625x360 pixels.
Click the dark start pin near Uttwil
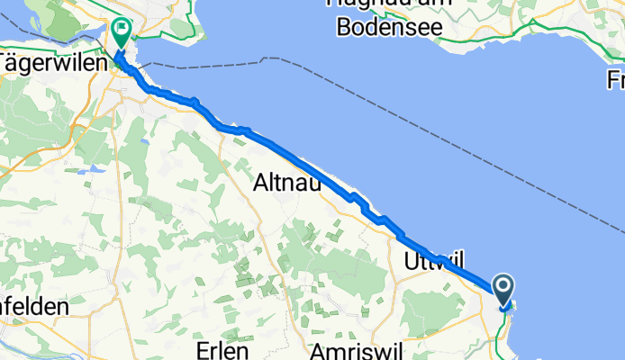pos(503,290)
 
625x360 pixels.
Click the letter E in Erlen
pos(203,350)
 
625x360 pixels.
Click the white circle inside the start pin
pos(503,286)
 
